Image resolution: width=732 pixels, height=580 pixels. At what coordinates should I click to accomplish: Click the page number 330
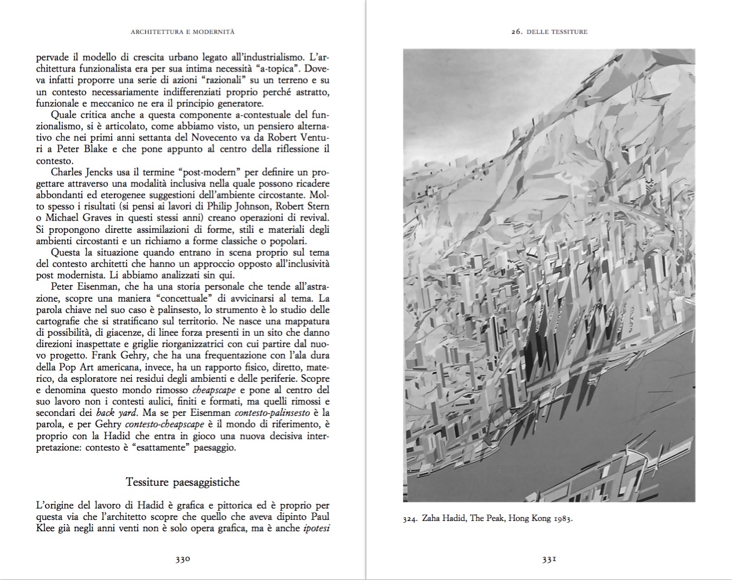tap(183, 559)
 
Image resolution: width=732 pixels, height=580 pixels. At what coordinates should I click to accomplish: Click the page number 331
tap(549, 559)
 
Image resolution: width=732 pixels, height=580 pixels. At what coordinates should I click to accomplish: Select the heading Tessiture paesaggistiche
tap(183, 482)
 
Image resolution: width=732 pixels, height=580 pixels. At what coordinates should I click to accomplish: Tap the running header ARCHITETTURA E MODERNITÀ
tap(183, 32)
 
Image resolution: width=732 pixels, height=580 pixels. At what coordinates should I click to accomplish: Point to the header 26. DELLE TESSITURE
tap(549, 32)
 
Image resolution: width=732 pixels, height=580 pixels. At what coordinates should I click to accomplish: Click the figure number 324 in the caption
tap(409, 518)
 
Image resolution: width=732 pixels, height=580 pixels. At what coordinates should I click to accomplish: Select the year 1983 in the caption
tap(562, 518)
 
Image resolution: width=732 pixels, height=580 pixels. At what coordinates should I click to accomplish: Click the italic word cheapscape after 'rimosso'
tap(213, 390)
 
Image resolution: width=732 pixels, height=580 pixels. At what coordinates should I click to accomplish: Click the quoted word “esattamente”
tap(156, 447)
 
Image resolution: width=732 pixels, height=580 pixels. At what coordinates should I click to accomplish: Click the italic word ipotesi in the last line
tap(317, 528)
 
